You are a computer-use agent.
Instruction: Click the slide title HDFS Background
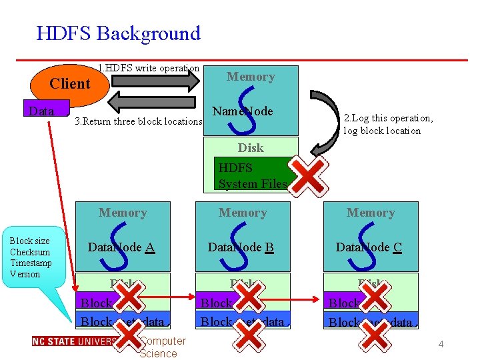[118, 33]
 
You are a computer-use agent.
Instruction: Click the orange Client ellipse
[71, 84]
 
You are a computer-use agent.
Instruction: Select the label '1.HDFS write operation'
[148, 68]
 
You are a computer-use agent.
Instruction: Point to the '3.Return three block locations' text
[138, 121]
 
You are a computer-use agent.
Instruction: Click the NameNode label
[242, 111]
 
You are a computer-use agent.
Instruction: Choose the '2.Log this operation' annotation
[388, 124]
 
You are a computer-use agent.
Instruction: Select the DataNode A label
[121, 247]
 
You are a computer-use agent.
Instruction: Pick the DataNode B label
[241, 247]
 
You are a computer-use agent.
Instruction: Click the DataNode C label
[369, 247]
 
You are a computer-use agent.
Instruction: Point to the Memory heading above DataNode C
[371, 213]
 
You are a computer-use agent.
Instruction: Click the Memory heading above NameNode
[251, 77]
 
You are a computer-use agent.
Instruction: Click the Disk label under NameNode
[251, 147]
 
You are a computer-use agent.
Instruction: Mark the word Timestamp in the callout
[30, 263]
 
